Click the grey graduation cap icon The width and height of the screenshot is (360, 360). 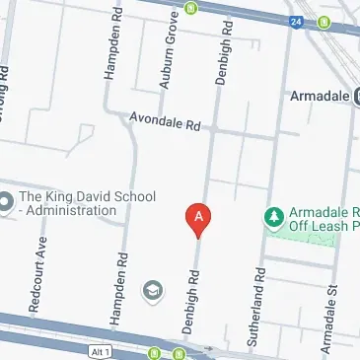153,291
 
